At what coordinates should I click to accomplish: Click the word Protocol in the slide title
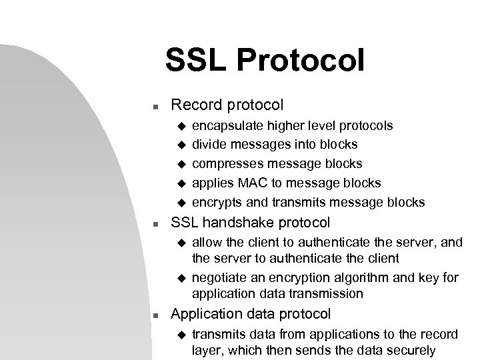[x=308, y=59]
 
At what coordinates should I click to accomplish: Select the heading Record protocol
[x=227, y=105]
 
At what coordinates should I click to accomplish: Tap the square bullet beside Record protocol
[x=153, y=106]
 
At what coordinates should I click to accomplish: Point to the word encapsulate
[x=223, y=125]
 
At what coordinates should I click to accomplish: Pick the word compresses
[x=223, y=163]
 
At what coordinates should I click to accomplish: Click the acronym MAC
[x=244, y=183]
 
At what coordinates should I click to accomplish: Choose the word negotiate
[x=217, y=278]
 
